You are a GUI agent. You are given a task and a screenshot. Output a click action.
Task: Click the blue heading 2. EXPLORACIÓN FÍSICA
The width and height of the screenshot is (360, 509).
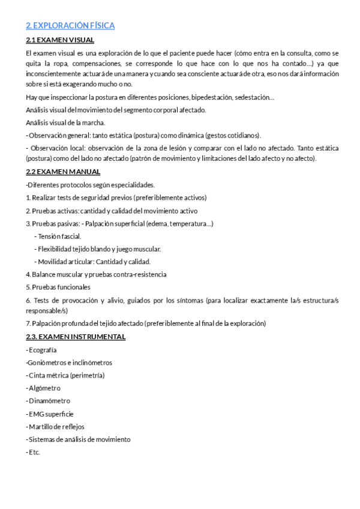click(x=70, y=26)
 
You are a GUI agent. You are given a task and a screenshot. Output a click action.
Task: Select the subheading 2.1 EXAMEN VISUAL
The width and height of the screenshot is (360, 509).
click(x=60, y=40)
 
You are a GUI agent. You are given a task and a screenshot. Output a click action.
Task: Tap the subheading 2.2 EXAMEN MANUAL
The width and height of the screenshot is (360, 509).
click(x=63, y=172)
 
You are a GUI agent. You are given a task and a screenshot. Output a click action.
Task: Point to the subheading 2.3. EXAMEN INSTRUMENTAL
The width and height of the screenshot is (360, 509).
click(x=76, y=337)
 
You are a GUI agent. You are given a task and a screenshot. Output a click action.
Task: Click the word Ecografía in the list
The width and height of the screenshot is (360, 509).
click(x=43, y=350)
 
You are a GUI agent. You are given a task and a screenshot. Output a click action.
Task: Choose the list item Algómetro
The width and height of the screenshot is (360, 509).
click(x=44, y=388)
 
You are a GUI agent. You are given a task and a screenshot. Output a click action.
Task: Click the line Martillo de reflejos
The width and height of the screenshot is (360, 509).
click(x=56, y=426)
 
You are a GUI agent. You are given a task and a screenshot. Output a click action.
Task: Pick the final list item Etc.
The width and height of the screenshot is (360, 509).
click(x=34, y=452)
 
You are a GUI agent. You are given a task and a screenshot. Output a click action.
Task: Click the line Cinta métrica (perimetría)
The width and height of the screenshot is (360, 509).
click(x=67, y=375)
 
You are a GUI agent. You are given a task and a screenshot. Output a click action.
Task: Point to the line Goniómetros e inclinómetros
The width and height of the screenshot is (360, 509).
click(x=70, y=363)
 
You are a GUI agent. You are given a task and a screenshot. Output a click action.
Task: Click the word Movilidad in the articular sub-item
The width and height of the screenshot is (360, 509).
click(x=52, y=262)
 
